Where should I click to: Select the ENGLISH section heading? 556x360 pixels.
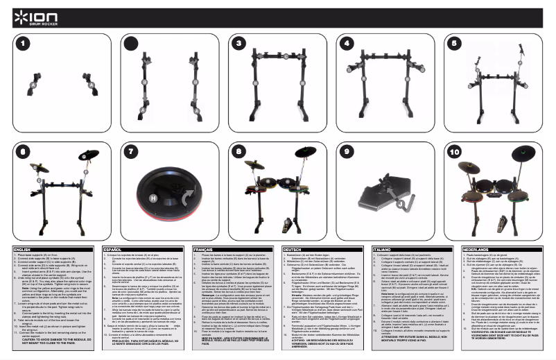[24, 248]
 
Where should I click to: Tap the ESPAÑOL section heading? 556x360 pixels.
[113, 248]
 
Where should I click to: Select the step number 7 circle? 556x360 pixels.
[131, 150]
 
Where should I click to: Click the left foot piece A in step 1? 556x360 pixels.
[31, 87]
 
